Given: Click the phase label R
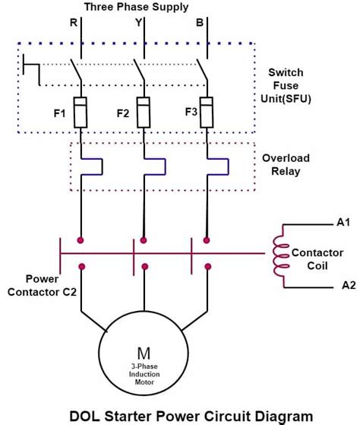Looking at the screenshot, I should tap(74, 23).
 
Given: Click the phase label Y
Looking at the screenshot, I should tap(137, 23).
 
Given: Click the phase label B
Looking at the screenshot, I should tap(200, 23).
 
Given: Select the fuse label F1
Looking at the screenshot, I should tap(58, 113).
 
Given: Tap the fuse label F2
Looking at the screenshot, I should tap(123, 114).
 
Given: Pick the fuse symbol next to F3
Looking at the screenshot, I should tap(206, 109).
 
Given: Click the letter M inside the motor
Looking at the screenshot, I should tap(144, 353).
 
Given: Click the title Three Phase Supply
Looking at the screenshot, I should tap(137, 7).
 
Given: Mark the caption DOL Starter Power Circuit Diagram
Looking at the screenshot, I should tap(179, 415).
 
